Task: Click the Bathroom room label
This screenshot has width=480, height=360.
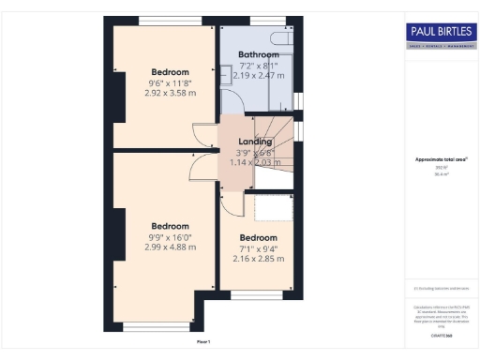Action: tap(259, 55)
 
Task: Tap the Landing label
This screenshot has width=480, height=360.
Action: tap(254, 142)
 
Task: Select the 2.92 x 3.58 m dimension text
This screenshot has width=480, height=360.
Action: tap(171, 94)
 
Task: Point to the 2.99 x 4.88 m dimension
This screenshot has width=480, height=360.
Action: tap(171, 247)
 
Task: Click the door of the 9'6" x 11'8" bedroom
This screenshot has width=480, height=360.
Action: tap(204, 134)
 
